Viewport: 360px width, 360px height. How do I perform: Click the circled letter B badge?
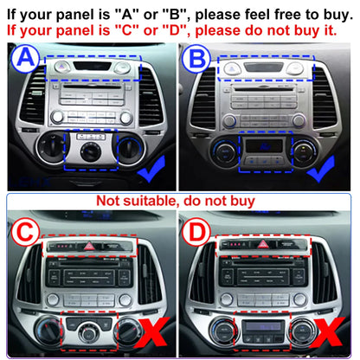coord(196,59)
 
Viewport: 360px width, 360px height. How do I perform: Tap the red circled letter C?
coord(25,232)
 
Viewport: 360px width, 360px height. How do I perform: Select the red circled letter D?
coord(196,232)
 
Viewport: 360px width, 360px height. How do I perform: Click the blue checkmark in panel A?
coord(151,169)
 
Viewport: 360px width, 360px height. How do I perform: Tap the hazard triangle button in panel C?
coord(89,246)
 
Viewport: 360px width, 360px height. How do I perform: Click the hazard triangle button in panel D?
coord(262,245)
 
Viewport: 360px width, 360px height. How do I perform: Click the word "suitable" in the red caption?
coord(151,201)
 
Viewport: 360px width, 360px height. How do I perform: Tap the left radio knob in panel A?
coord(57,117)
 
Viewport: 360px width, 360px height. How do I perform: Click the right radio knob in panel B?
coord(299,120)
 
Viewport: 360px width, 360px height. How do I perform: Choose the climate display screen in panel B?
coord(264,145)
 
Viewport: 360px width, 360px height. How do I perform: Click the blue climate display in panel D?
coord(262,326)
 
